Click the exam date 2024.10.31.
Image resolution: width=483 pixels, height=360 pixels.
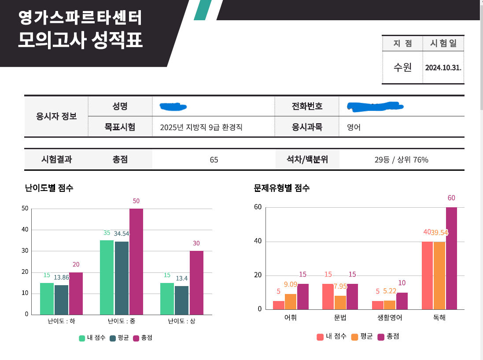[443, 68]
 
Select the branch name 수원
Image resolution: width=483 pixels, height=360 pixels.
[402, 67]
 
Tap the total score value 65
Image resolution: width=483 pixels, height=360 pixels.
[214, 160]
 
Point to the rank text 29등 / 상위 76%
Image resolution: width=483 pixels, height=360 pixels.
[401, 160]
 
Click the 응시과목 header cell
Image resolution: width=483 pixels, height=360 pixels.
[307, 127]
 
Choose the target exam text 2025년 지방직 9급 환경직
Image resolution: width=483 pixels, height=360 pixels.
[201, 128]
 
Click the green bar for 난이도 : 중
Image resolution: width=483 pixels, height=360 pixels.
[107, 277]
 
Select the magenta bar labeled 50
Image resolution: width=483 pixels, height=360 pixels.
[136, 261]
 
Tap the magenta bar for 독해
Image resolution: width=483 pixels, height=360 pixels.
[451, 258]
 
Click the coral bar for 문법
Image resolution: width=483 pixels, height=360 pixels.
[328, 297]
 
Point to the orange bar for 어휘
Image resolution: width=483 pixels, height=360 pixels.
[291, 301]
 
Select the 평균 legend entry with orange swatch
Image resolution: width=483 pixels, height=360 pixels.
[362, 337]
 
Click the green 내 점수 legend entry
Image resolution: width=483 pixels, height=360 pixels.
[92, 338]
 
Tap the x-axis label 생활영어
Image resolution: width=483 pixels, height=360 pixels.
[390, 317]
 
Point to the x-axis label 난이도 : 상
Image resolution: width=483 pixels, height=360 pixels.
[181, 321]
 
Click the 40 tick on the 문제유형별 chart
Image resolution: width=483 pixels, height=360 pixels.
[258, 241]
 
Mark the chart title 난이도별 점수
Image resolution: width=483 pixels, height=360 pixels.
[49, 188]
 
